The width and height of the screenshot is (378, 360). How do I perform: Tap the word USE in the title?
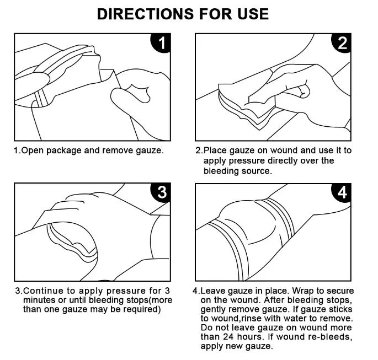pyautogui.click(x=249, y=13)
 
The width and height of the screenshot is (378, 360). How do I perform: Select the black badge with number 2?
pyautogui.click(x=342, y=43)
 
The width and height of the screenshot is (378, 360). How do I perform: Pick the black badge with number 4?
pyautogui.click(x=342, y=192)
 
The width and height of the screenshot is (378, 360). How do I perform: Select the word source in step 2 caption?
pyautogui.click(x=258, y=171)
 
